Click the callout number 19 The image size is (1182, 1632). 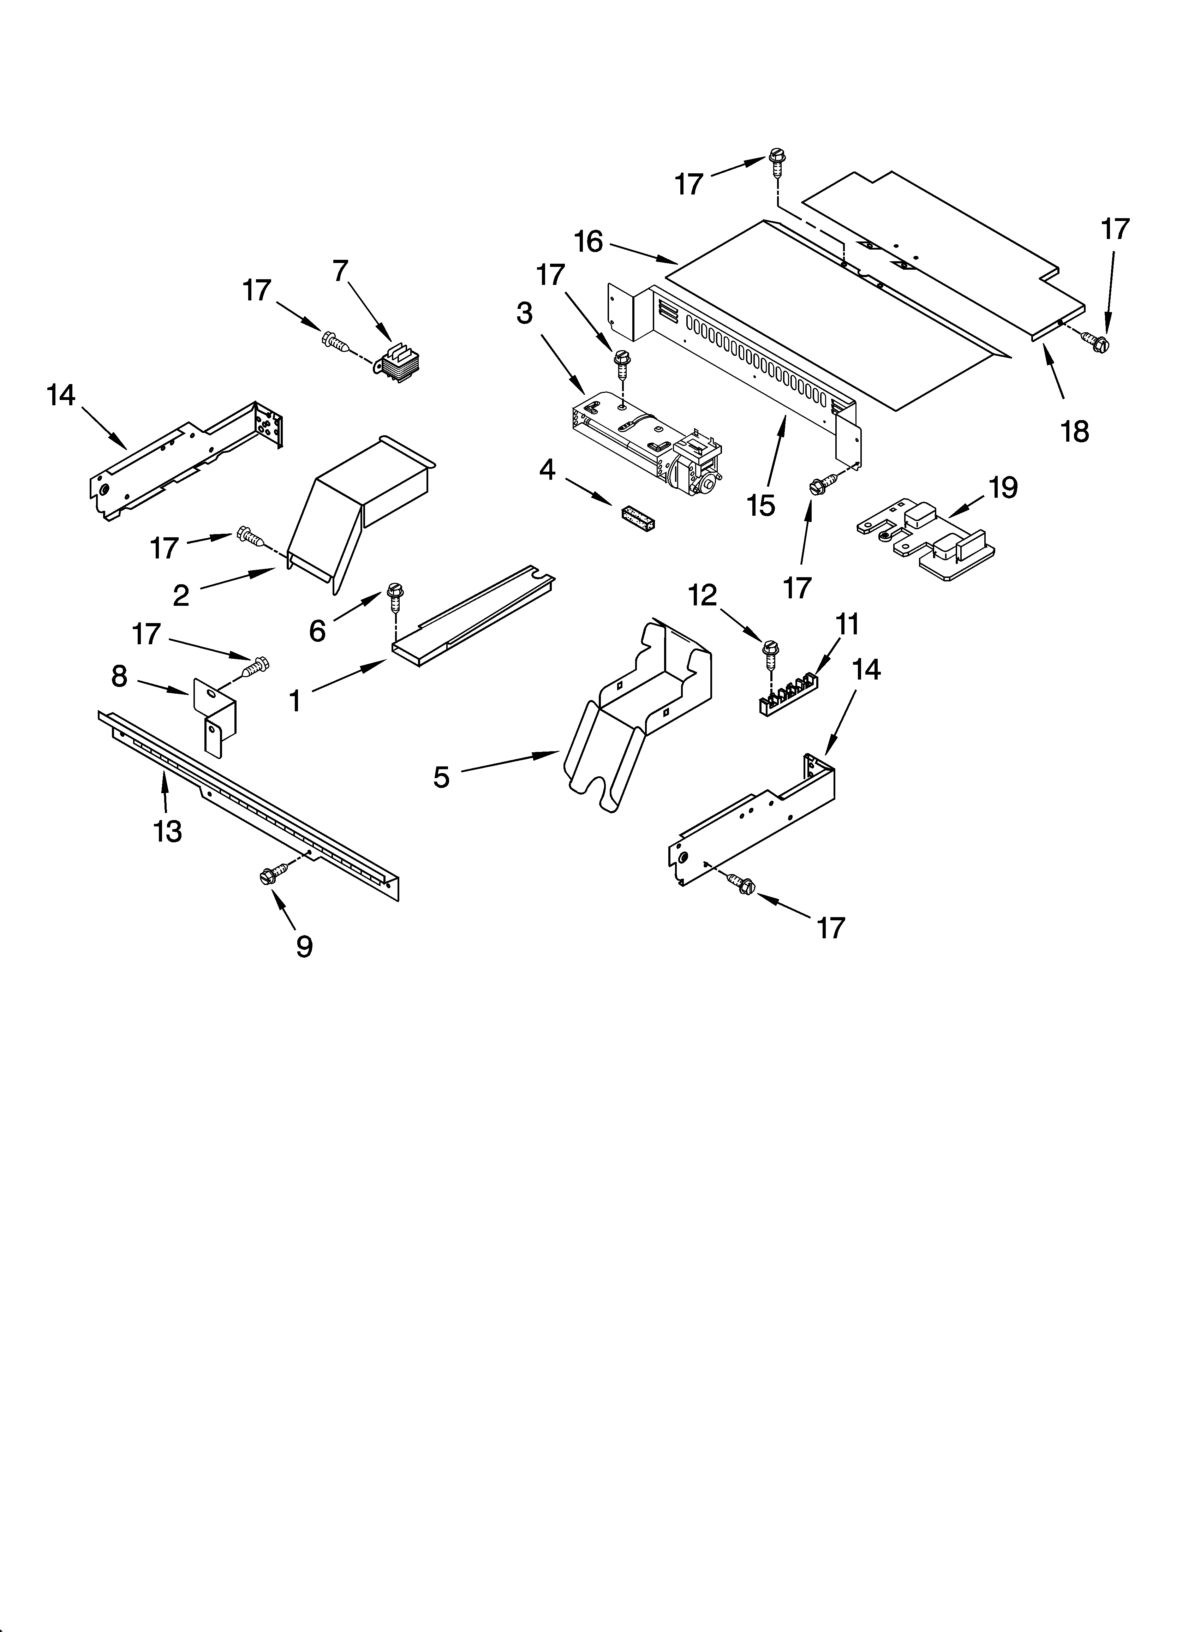point(1003,488)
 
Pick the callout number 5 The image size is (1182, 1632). point(441,777)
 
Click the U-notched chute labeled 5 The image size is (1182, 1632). point(633,719)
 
